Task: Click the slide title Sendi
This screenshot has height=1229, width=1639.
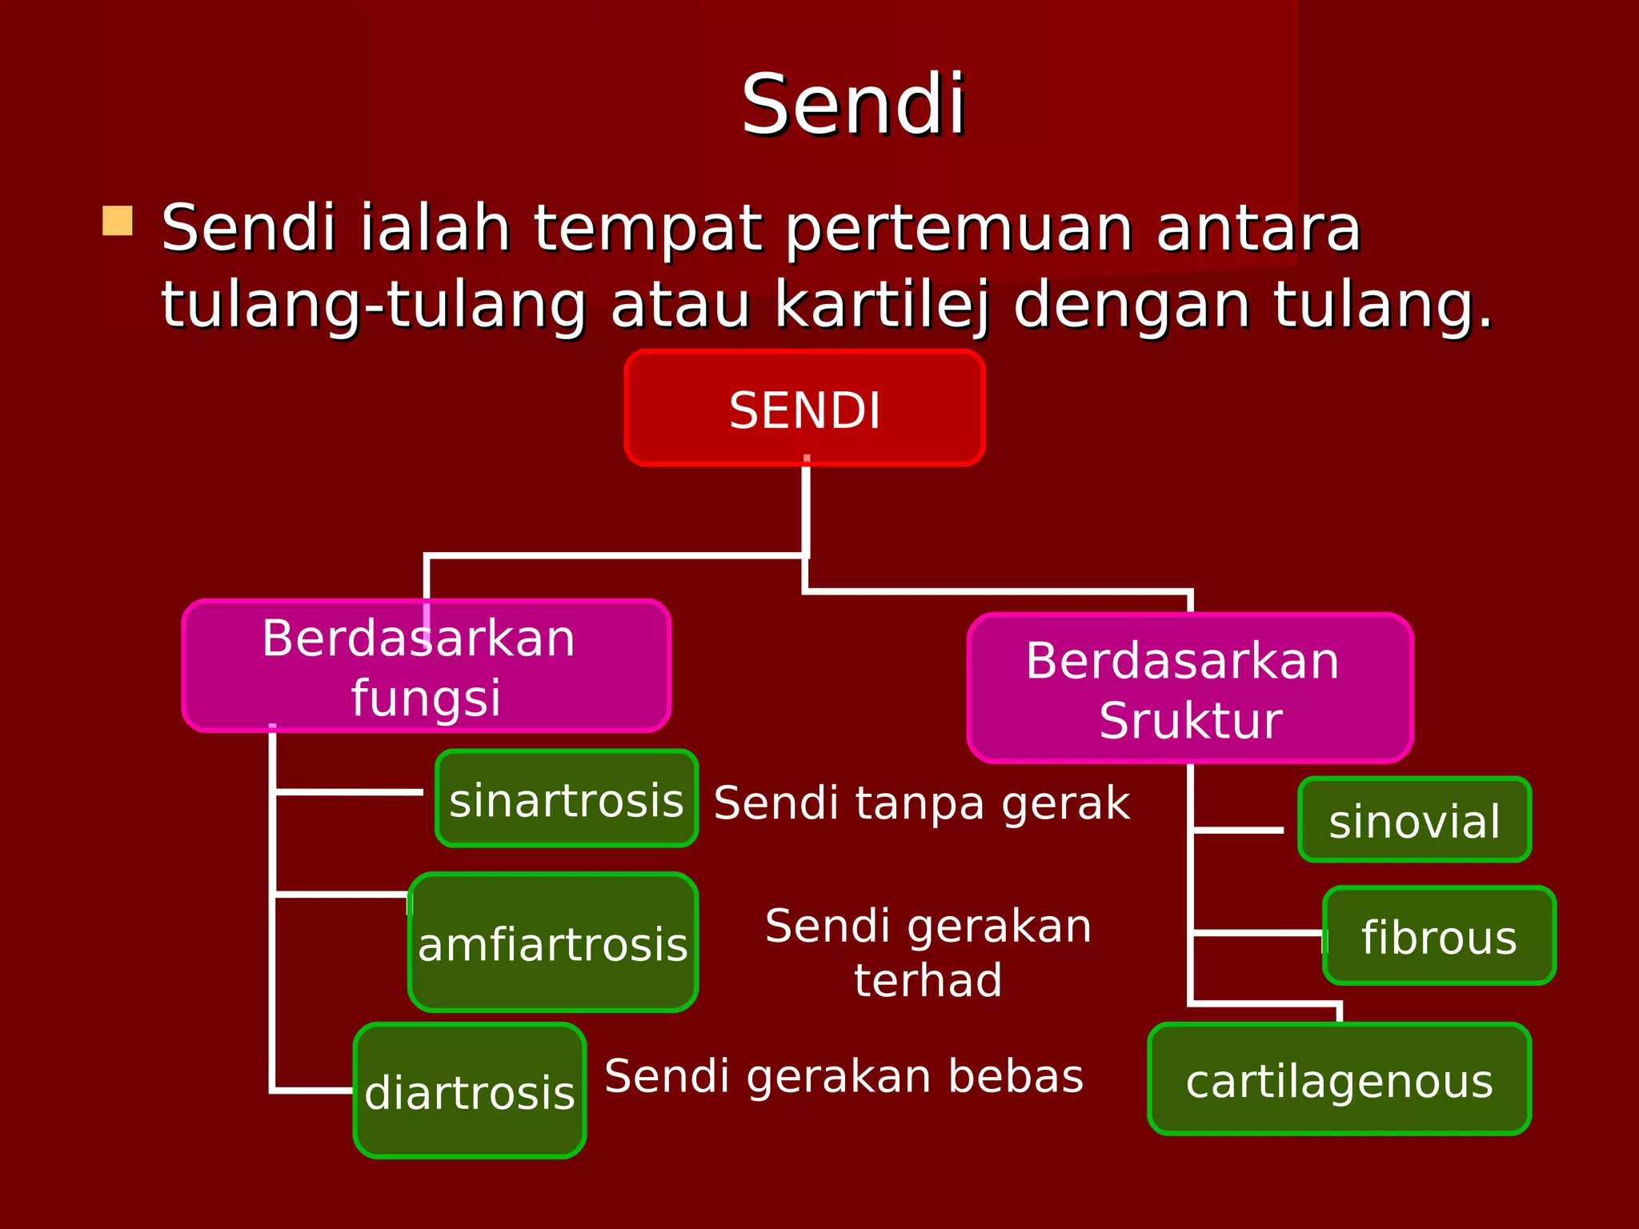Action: point(853,106)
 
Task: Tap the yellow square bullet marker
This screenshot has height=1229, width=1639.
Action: point(118,221)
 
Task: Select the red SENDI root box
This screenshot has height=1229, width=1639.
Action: point(804,409)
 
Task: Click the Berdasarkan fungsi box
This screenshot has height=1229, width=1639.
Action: point(426,667)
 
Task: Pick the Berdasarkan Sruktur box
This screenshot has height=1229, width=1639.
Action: point(1190,689)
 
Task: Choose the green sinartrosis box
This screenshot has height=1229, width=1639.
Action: point(566,799)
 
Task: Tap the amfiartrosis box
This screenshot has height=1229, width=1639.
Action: point(552,943)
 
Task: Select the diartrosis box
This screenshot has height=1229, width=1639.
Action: point(470,1091)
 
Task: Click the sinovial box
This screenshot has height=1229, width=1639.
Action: point(1414,820)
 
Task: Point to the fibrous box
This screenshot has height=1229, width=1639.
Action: point(1439,936)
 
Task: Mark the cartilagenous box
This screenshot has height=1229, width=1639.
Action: point(1339,1080)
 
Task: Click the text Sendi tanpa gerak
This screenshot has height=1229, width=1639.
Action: point(921,803)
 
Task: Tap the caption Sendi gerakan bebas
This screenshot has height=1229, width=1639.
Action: point(844,1075)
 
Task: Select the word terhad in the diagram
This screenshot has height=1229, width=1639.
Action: point(928,980)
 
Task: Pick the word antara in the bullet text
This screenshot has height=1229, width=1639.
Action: point(1258,228)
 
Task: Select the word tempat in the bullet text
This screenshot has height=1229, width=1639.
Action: point(647,230)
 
